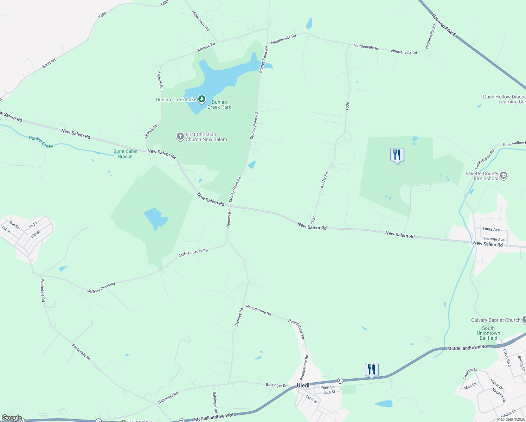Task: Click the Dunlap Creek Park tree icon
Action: pyautogui.click(x=202, y=99)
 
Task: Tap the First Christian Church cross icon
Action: pyautogui.click(x=180, y=136)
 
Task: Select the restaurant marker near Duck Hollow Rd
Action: pyautogui.click(x=397, y=155)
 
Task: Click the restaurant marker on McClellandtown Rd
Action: pyautogui.click(x=372, y=370)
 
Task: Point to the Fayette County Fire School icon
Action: pyautogui.click(x=503, y=175)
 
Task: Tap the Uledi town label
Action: pyautogui.click(x=303, y=385)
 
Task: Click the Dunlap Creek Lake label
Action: pyautogui.click(x=176, y=100)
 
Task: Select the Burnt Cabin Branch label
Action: pyautogui.click(x=125, y=154)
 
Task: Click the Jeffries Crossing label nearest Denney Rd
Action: pyautogui.click(x=193, y=253)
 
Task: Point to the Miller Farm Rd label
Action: pyautogui.click(x=200, y=21)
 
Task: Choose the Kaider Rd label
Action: pyautogui.click(x=324, y=180)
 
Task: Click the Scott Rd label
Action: pyautogui.click(x=49, y=63)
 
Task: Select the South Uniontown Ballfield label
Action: pyautogui.click(x=488, y=333)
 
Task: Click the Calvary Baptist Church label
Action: pyautogui.click(x=495, y=320)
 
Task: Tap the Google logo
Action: pyautogui.click(x=12, y=418)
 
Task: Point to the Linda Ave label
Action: pyautogui.click(x=491, y=229)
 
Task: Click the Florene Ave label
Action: pyautogui.click(x=494, y=239)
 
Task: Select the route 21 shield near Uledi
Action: pyautogui.click(x=340, y=381)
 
